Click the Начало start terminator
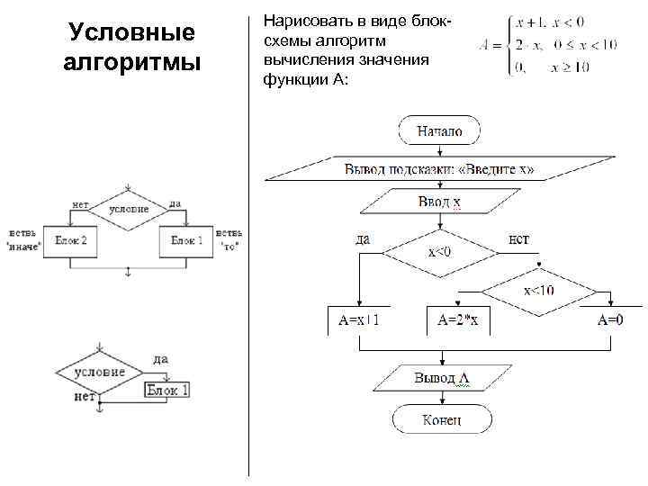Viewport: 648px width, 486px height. [x=439, y=131]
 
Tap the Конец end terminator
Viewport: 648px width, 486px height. [x=441, y=419]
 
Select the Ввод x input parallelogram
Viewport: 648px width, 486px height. [x=438, y=202]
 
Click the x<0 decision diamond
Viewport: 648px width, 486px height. [x=439, y=250]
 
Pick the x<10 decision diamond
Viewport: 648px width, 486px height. [x=539, y=290]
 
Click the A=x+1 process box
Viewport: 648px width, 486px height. [x=358, y=319]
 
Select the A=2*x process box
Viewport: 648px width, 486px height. [x=457, y=319]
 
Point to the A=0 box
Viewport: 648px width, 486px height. [x=609, y=319]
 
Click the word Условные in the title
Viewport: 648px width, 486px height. [x=132, y=34]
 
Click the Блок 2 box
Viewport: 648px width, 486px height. [x=71, y=241]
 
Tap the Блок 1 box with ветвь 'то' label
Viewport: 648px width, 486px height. [x=186, y=241]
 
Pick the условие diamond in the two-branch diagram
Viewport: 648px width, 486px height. [x=129, y=210]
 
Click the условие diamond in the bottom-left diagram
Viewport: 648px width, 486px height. [x=99, y=370]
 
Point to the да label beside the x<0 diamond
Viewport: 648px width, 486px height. [x=363, y=238]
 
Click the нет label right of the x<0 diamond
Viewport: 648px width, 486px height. [x=518, y=238]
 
